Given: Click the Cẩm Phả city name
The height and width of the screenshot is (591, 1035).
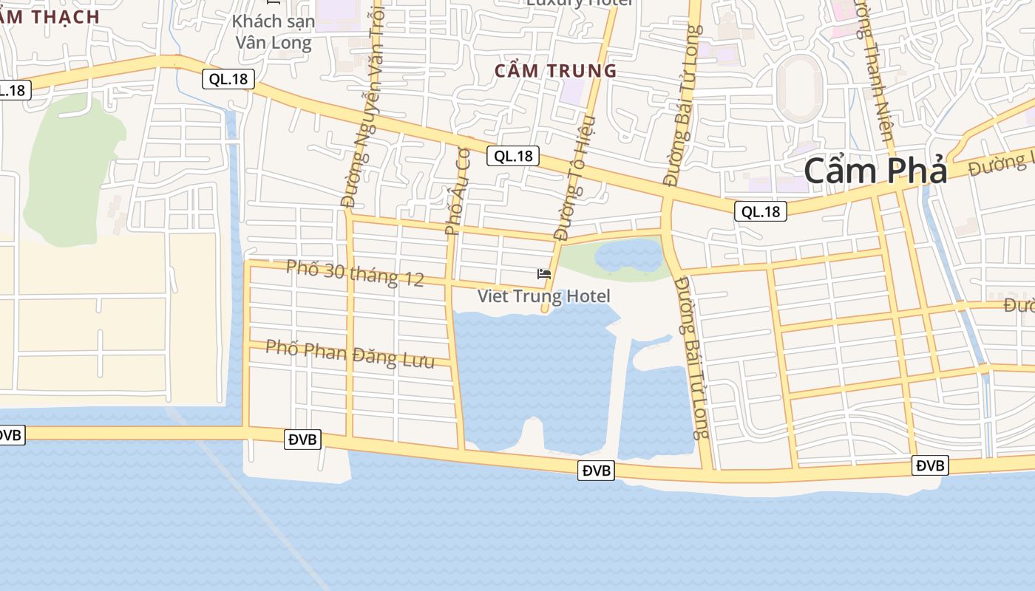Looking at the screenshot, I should tap(875, 171).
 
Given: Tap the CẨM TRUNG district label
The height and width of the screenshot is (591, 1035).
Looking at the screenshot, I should tap(555, 71).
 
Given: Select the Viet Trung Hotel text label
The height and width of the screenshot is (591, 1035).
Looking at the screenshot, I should tap(543, 296).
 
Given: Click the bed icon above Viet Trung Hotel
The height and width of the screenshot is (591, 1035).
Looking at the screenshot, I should tap(544, 274).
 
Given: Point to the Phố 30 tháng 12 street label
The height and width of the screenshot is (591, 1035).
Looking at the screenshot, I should tap(355, 273).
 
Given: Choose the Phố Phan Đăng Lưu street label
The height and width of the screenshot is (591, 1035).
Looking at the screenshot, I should tap(350, 353).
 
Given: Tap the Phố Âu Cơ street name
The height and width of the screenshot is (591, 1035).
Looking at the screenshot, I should tap(458, 191).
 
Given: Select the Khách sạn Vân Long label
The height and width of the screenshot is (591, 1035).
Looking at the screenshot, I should tap(274, 31).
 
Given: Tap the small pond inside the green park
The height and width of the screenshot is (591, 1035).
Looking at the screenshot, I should tap(628, 255).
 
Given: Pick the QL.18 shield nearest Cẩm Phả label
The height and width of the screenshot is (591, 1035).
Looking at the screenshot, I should tap(761, 212).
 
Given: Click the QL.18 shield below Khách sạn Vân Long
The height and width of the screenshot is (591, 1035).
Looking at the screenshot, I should tap(228, 79).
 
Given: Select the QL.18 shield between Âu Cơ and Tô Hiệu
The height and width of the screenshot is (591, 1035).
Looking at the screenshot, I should tap(513, 156).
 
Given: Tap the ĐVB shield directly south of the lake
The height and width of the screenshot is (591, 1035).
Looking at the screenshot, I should tap(596, 470).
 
